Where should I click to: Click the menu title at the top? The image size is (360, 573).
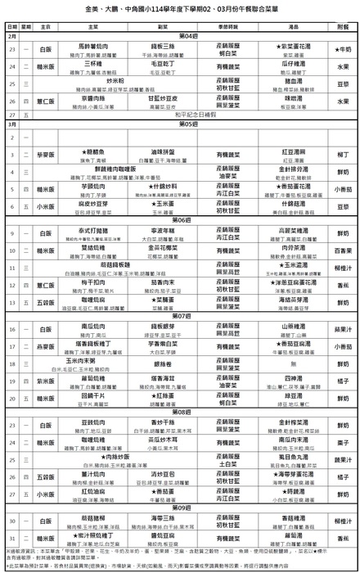tap(180, 9)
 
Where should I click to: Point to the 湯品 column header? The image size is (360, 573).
tap(291, 26)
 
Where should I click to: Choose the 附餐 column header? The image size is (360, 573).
tap(343, 26)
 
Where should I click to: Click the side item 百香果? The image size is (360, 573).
tap(343, 250)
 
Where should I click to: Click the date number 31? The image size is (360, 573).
tap(12, 539)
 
